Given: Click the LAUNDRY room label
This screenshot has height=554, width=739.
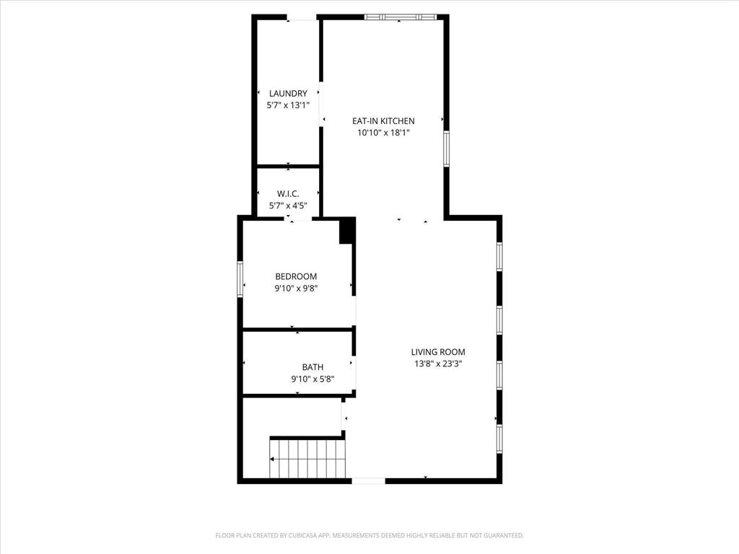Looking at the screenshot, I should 288,93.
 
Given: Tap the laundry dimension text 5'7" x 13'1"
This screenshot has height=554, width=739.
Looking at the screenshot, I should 288,105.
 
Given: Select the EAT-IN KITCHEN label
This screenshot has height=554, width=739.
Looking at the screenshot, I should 383,121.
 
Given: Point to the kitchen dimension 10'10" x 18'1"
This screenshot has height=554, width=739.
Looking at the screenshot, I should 383,133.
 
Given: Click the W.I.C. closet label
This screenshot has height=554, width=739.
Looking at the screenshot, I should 288,193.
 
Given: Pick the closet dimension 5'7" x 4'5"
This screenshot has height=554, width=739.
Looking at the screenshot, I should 288,206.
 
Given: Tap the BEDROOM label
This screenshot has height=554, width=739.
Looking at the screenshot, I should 296,276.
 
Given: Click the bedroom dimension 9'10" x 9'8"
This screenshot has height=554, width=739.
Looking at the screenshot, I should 296,289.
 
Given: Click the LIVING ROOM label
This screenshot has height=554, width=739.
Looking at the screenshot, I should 438,352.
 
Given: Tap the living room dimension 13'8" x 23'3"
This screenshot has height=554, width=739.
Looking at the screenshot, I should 438,364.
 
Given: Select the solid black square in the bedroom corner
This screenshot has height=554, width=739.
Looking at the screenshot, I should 346,230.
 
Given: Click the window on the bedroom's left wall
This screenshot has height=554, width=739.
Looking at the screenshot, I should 240,278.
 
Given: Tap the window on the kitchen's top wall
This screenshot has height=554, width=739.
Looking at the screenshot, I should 401,17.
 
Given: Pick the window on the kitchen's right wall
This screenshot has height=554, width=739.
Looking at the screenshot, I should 447,149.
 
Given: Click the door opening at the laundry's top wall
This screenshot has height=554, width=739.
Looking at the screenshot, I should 302,17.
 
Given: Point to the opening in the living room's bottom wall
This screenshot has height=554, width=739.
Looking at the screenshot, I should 368,480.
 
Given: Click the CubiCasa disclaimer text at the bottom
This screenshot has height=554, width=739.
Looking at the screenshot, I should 369,535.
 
